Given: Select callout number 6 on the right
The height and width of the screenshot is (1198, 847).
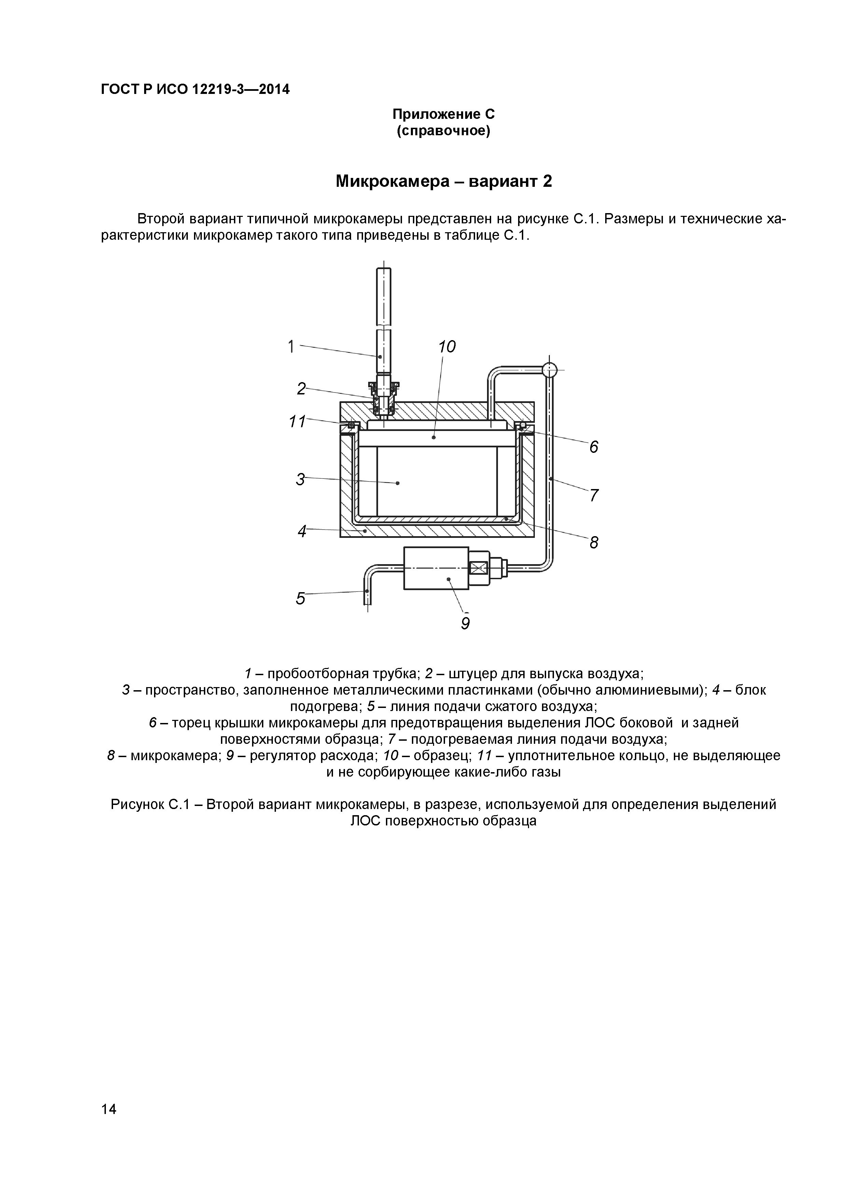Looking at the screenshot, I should (593, 447).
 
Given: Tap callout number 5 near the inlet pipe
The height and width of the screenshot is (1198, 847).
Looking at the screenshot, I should (300, 598).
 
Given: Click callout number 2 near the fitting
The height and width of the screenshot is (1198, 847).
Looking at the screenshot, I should (301, 389).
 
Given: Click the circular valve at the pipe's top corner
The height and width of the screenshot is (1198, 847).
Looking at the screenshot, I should (550, 370).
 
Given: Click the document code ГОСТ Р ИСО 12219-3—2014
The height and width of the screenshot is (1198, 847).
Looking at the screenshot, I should (195, 90).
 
